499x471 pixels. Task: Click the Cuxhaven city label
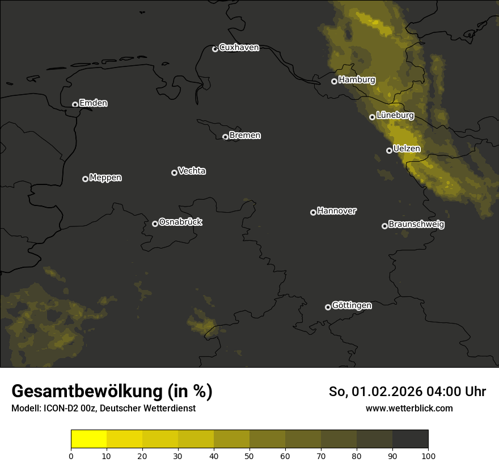tap(239, 48)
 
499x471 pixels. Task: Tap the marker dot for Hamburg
tap(335, 81)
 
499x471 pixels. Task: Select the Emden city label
tap(93, 103)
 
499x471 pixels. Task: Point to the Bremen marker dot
tap(225, 137)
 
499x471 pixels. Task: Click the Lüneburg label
tap(395, 115)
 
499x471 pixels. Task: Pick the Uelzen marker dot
tap(389, 150)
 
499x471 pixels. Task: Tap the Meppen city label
tap(105, 178)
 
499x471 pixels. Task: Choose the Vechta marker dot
tap(174, 173)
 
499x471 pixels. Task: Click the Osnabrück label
tap(180, 222)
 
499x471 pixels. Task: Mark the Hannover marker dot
tap(313, 212)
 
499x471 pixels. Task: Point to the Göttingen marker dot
tap(328, 307)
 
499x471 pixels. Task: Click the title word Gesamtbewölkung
tap(88, 392)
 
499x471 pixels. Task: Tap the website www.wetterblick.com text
tap(409, 409)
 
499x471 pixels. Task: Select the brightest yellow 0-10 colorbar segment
tap(88, 439)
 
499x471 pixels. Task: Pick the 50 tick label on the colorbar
tap(249, 456)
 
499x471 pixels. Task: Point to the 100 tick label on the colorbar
tap(428, 456)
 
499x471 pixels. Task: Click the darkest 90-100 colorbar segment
tap(410, 439)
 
